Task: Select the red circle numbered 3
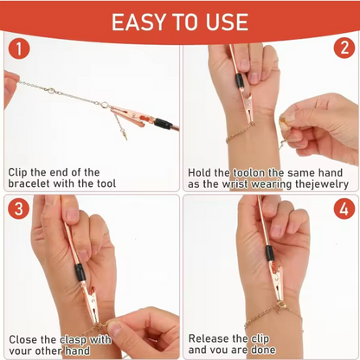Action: click(x=19, y=209)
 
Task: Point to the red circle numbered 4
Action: click(x=342, y=209)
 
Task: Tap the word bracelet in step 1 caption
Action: click(x=33, y=183)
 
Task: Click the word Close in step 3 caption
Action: click(x=26, y=338)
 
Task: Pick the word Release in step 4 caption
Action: click(x=212, y=338)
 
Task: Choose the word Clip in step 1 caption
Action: click(x=21, y=172)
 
